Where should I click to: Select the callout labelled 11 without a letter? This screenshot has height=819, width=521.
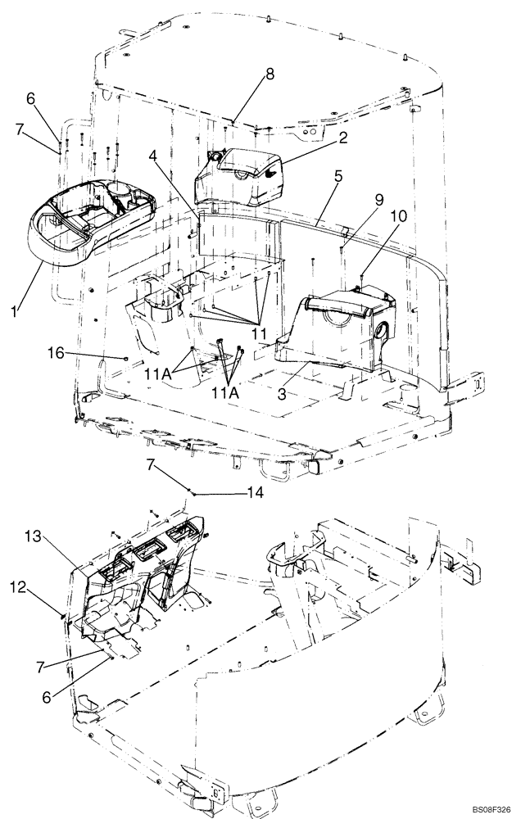click(x=259, y=335)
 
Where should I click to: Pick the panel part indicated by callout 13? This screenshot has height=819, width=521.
click(x=135, y=573)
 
